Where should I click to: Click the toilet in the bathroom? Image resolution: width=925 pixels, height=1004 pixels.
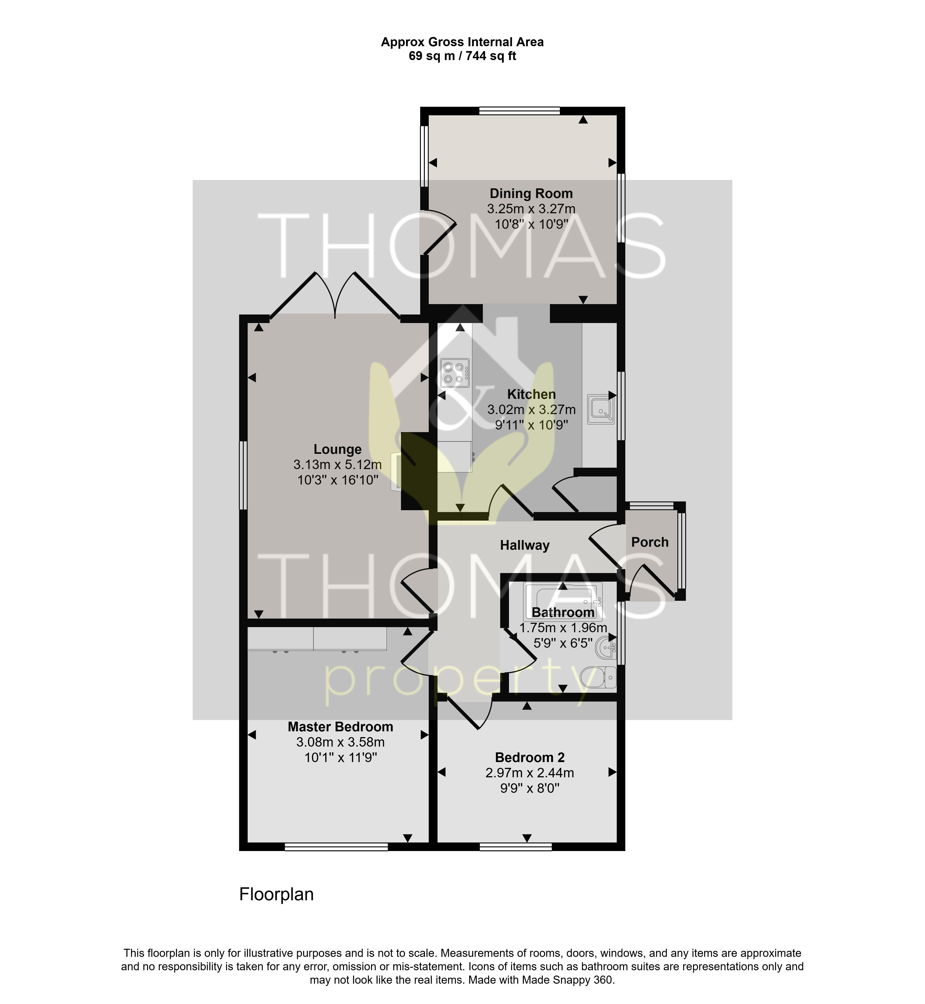598,677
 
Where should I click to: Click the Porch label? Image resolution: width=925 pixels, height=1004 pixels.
650,542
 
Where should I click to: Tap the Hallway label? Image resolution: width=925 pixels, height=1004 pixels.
524,545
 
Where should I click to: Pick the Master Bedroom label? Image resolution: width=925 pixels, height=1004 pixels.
340,727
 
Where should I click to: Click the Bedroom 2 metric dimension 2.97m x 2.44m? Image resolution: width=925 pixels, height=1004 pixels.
530,773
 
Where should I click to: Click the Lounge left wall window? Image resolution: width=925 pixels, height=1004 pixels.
243,475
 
